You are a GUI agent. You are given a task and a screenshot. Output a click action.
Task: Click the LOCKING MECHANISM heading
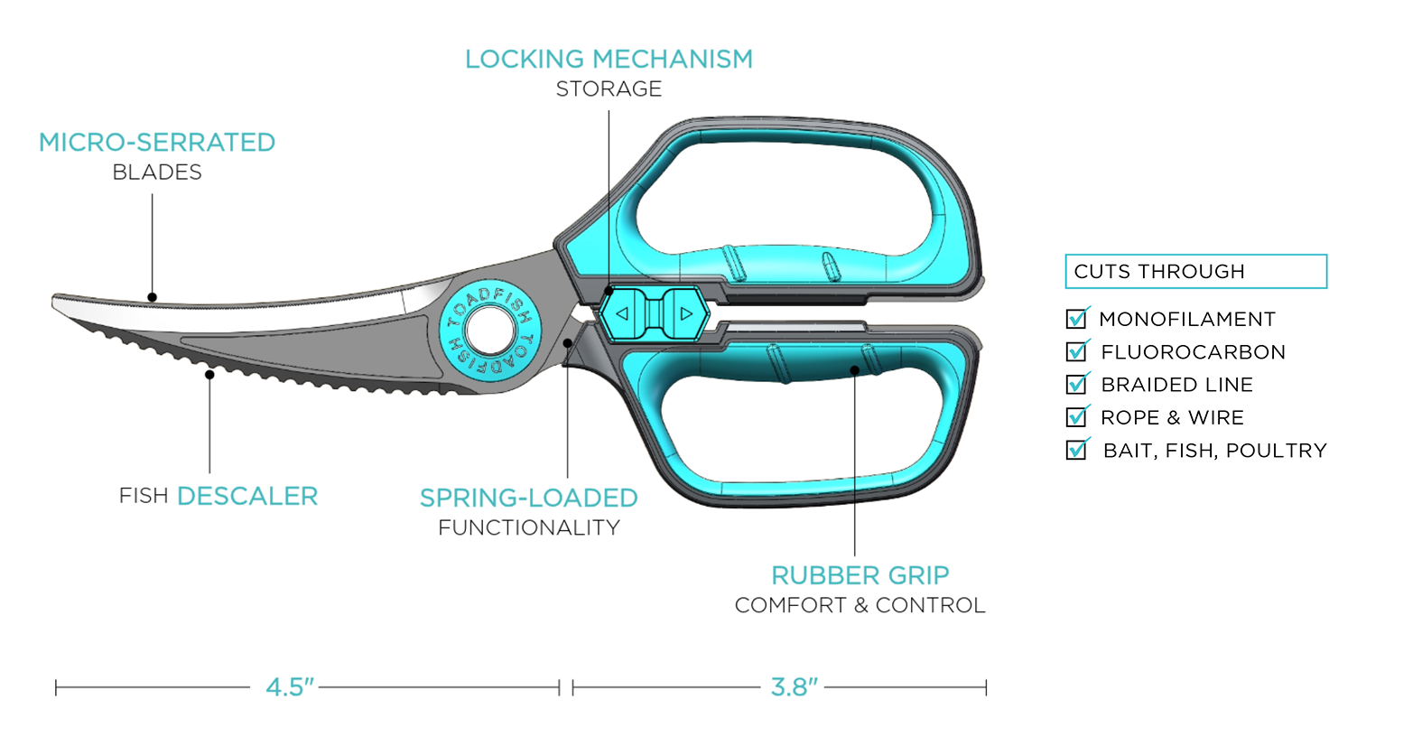click(609, 60)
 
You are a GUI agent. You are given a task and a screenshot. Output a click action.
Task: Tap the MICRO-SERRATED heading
click(157, 143)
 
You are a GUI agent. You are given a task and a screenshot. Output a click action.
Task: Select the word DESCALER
click(247, 496)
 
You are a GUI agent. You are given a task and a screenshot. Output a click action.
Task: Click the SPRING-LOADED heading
click(529, 498)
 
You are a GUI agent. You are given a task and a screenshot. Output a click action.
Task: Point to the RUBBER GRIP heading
click(860, 575)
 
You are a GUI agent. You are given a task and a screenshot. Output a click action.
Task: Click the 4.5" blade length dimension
click(290, 687)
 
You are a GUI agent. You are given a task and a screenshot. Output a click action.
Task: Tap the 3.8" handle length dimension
click(795, 687)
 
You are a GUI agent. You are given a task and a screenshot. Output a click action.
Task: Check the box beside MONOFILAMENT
click(1076, 319)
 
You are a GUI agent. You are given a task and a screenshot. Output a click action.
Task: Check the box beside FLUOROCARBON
click(1076, 351)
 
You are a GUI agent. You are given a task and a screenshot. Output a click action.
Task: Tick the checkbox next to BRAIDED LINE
click(1076, 385)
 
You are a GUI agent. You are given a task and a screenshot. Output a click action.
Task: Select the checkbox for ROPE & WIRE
click(1076, 417)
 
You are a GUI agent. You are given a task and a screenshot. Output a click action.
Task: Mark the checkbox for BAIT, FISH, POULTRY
click(1076, 450)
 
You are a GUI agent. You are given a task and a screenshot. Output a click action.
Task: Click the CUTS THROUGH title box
click(1195, 272)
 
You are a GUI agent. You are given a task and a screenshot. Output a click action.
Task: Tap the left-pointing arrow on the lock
click(622, 314)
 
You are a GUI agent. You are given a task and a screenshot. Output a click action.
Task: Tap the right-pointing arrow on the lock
click(686, 314)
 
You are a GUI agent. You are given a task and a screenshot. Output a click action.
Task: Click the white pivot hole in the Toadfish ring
click(490, 331)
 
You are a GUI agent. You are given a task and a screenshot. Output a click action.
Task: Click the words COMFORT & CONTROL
click(860, 605)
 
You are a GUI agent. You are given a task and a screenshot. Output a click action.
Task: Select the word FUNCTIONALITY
click(529, 527)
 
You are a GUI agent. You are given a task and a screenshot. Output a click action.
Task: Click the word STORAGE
click(609, 89)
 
